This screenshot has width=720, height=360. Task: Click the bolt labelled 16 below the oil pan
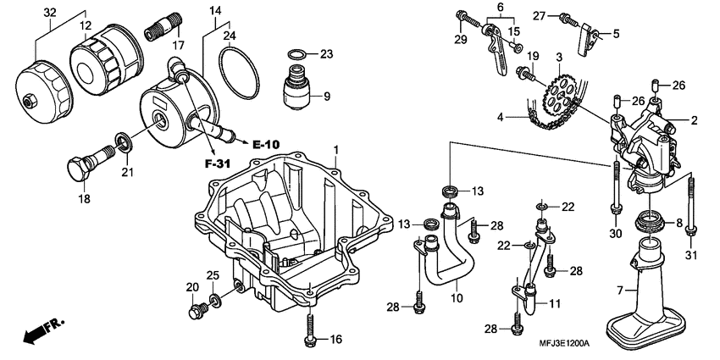coord(310,328)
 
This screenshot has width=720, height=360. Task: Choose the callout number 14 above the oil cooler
coord(214,11)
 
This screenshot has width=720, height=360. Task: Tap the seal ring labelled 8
coord(649,224)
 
